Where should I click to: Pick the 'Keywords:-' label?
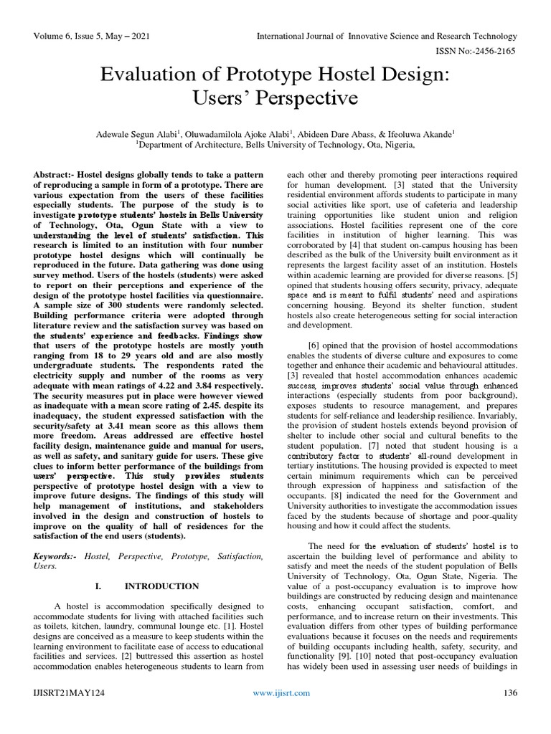[x=58, y=556]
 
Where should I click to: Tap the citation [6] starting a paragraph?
[x=314, y=343]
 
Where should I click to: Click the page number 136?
[x=510, y=712]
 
